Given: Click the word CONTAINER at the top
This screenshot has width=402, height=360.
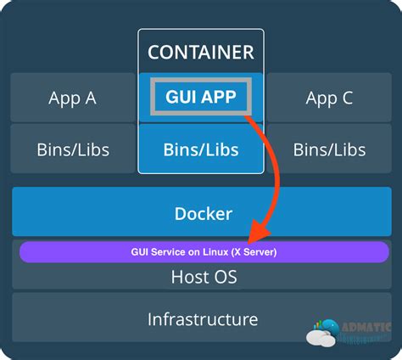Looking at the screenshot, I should (x=201, y=52).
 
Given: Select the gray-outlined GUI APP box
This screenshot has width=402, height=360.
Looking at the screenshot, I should (x=201, y=97).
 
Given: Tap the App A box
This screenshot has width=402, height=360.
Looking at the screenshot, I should (x=72, y=98).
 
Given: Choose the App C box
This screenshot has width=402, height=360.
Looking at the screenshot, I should (x=329, y=98).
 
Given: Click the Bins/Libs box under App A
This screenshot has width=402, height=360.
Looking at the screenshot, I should (x=72, y=149).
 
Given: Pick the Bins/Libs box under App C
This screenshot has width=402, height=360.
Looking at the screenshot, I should (x=329, y=149).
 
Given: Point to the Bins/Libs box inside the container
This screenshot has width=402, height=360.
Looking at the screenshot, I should (x=201, y=149).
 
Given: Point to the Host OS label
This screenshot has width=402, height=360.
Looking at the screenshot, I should (x=204, y=277).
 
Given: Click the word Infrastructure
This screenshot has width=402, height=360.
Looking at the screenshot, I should (x=203, y=319).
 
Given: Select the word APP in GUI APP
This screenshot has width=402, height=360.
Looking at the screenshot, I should (x=219, y=97).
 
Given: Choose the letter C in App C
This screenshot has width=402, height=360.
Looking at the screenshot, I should (x=347, y=98).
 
